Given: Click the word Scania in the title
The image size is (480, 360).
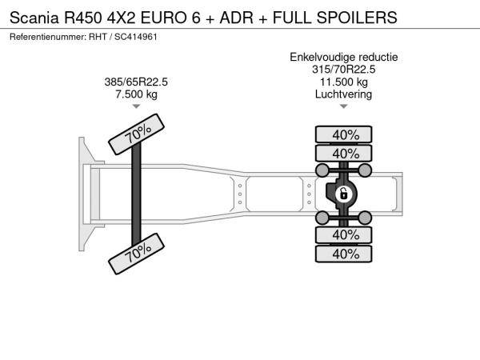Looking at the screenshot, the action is click(34, 18).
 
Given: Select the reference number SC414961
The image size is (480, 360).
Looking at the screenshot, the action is click(136, 37).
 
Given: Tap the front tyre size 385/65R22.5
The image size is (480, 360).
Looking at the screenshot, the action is click(136, 82).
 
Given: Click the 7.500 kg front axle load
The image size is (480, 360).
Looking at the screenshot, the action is click(136, 94).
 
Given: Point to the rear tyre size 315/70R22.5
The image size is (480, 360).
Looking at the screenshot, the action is click(343, 70).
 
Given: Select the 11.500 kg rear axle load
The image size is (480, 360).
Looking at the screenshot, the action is click(344, 82).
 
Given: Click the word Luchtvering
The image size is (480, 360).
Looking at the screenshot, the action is click(343, 94).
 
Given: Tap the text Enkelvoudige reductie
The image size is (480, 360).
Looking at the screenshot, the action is click(344, 58).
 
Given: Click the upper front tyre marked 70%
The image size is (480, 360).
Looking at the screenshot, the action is click(137, 134).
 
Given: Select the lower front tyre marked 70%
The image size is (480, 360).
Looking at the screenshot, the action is click(137, 254).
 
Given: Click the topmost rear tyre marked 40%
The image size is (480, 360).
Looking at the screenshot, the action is click(344, 134).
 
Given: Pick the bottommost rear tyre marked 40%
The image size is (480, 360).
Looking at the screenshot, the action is click(344, 254).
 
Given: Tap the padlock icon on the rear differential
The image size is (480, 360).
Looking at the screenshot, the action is click(343, 194).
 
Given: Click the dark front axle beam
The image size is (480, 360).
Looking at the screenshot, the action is click(136, 194).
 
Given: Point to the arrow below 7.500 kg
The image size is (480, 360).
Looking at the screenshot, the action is click(136, 106).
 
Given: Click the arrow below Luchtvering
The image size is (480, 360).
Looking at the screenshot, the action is click(344, 106).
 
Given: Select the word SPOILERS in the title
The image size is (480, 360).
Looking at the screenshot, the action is click(357, 18).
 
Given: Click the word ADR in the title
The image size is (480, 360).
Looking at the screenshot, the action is click(236, 18).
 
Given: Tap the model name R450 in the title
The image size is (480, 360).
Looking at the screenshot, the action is click(82, 18).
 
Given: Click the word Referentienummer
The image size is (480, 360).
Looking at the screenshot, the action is click(48, 37).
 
